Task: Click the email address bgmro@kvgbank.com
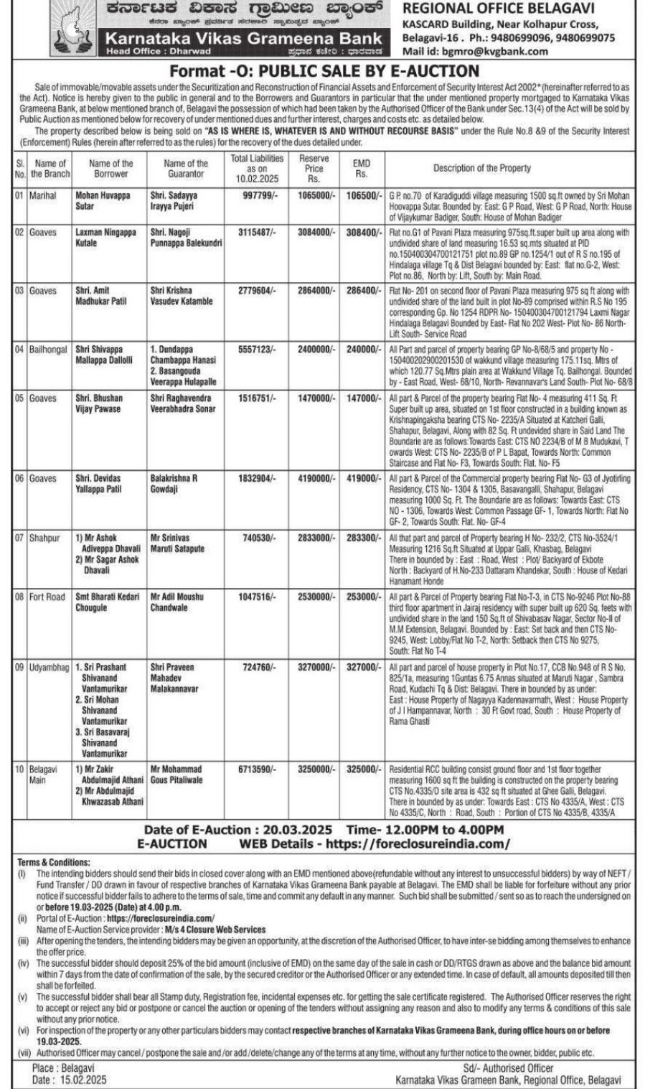click(494, 51)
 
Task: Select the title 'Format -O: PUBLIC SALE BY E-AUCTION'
click(324, 71)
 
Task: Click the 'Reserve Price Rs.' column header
click(314, 168)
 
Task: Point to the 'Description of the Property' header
click(482, 168)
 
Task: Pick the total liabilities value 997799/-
click(258, 195)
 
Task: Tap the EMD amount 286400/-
click(363, 290)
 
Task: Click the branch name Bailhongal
click(48, 350)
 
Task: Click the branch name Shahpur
click(44, 538)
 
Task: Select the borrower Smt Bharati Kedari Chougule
click(108, 602)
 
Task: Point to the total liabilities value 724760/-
click(258, 667)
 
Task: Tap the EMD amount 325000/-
click(363, 769)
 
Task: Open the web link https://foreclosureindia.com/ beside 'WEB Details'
click(418, 844)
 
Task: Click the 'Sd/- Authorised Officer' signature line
click(508, 1068)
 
